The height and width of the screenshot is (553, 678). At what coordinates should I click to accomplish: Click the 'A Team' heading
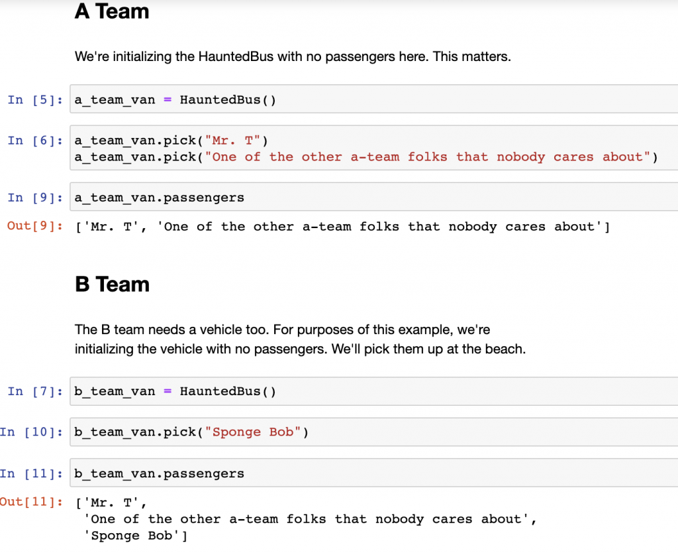[x=111, y=11]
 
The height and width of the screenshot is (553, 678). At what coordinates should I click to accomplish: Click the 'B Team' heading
[x=112, y=284]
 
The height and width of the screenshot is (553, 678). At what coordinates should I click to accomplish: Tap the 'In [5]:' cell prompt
[x=35, y=100]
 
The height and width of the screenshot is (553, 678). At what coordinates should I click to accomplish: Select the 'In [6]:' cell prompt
[x=35, y=141]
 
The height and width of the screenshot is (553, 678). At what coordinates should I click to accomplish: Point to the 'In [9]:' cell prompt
[x=35, y=198]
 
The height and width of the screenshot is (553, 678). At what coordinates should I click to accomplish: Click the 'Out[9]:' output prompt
[x=35, y=226]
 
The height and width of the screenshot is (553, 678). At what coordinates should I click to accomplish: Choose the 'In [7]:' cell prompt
[x=35, y=391]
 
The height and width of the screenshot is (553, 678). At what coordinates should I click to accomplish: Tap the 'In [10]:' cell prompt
[x=31, y=432]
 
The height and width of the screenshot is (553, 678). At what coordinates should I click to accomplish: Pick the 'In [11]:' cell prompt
[x=31, y=473]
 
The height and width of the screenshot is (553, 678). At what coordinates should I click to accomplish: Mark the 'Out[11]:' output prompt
[x=31, y=502]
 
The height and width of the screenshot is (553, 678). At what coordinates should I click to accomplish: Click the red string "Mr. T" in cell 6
[x=232, y=141]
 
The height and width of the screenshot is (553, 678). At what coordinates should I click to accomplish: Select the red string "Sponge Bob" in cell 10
[x=253, y=432]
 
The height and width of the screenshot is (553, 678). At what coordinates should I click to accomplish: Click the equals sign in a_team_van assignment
[x=168, y=100]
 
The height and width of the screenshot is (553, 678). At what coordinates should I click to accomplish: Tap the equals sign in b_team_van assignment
[x=168, y=391]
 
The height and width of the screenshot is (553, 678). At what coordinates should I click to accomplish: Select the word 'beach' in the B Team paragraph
[x=503, y=349]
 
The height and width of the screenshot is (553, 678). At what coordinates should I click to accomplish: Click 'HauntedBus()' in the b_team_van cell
[x=228, y=391]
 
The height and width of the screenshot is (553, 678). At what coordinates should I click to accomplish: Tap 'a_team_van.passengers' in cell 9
[x=159, y=198]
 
